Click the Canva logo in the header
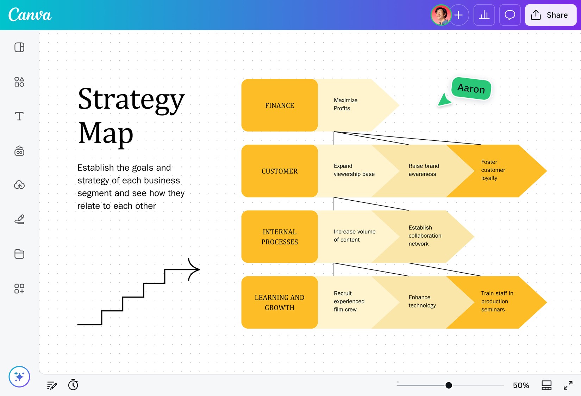[x=30, y=14]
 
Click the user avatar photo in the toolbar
[x=441, y=15]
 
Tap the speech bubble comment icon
[x=510, y=15]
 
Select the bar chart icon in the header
[x=484, y=15]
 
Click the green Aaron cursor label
[x=471, y=88]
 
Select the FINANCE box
[x=279, y=105]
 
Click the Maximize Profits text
[x=345, y=104]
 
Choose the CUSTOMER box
[x=279, y=171]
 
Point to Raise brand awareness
[x=424, y=170]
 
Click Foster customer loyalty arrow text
[x=493, y=170]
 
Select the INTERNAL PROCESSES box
[x=279, y=237]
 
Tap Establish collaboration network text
[x=425, y=236]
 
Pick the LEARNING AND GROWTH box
[x=279, y=302]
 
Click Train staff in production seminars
[x=497, y=301]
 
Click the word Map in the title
[x=106, y=134]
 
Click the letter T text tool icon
[x=19, y=116]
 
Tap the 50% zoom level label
[x=521, y=385]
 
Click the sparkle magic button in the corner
[x=19, y=377]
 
